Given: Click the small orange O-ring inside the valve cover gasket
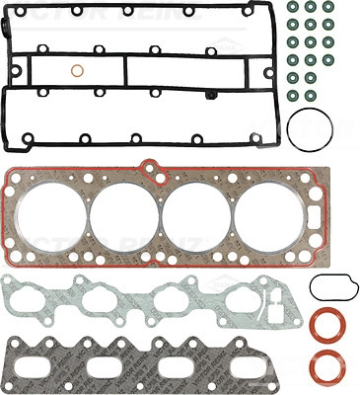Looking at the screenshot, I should pyautogui.click(x=77, y=71).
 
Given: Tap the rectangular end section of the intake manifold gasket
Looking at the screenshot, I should pyautogui.click(x=275, y=296).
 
